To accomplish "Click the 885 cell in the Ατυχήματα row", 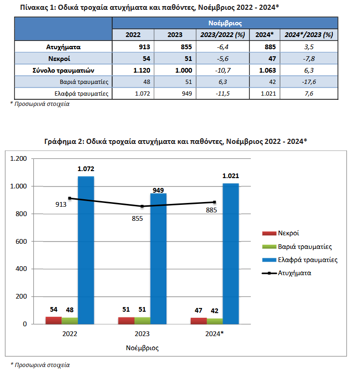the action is point(270,47).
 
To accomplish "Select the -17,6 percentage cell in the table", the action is point(309,82).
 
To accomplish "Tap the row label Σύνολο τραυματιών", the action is point(63,70).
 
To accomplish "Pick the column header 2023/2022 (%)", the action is point(223,35).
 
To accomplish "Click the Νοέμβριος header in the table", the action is point(225,23).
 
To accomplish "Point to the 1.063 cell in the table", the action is point(268,70).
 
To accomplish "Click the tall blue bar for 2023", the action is point(158,259).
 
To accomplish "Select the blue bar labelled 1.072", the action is point(86,250).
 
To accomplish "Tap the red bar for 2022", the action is point(53,321).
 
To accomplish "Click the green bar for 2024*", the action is point(215,322).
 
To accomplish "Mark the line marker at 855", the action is point(142,206).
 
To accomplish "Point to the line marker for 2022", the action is point(69,198).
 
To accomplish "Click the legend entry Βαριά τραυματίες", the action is point(297,247).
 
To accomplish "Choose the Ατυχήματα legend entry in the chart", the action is point(286,273).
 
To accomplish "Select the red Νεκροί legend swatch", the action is point(269,233).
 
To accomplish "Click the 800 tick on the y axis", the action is point(21,214).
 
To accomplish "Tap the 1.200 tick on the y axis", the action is point(18,158).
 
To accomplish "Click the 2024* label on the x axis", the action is point(214,334).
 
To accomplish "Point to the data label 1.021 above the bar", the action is point(231,176).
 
